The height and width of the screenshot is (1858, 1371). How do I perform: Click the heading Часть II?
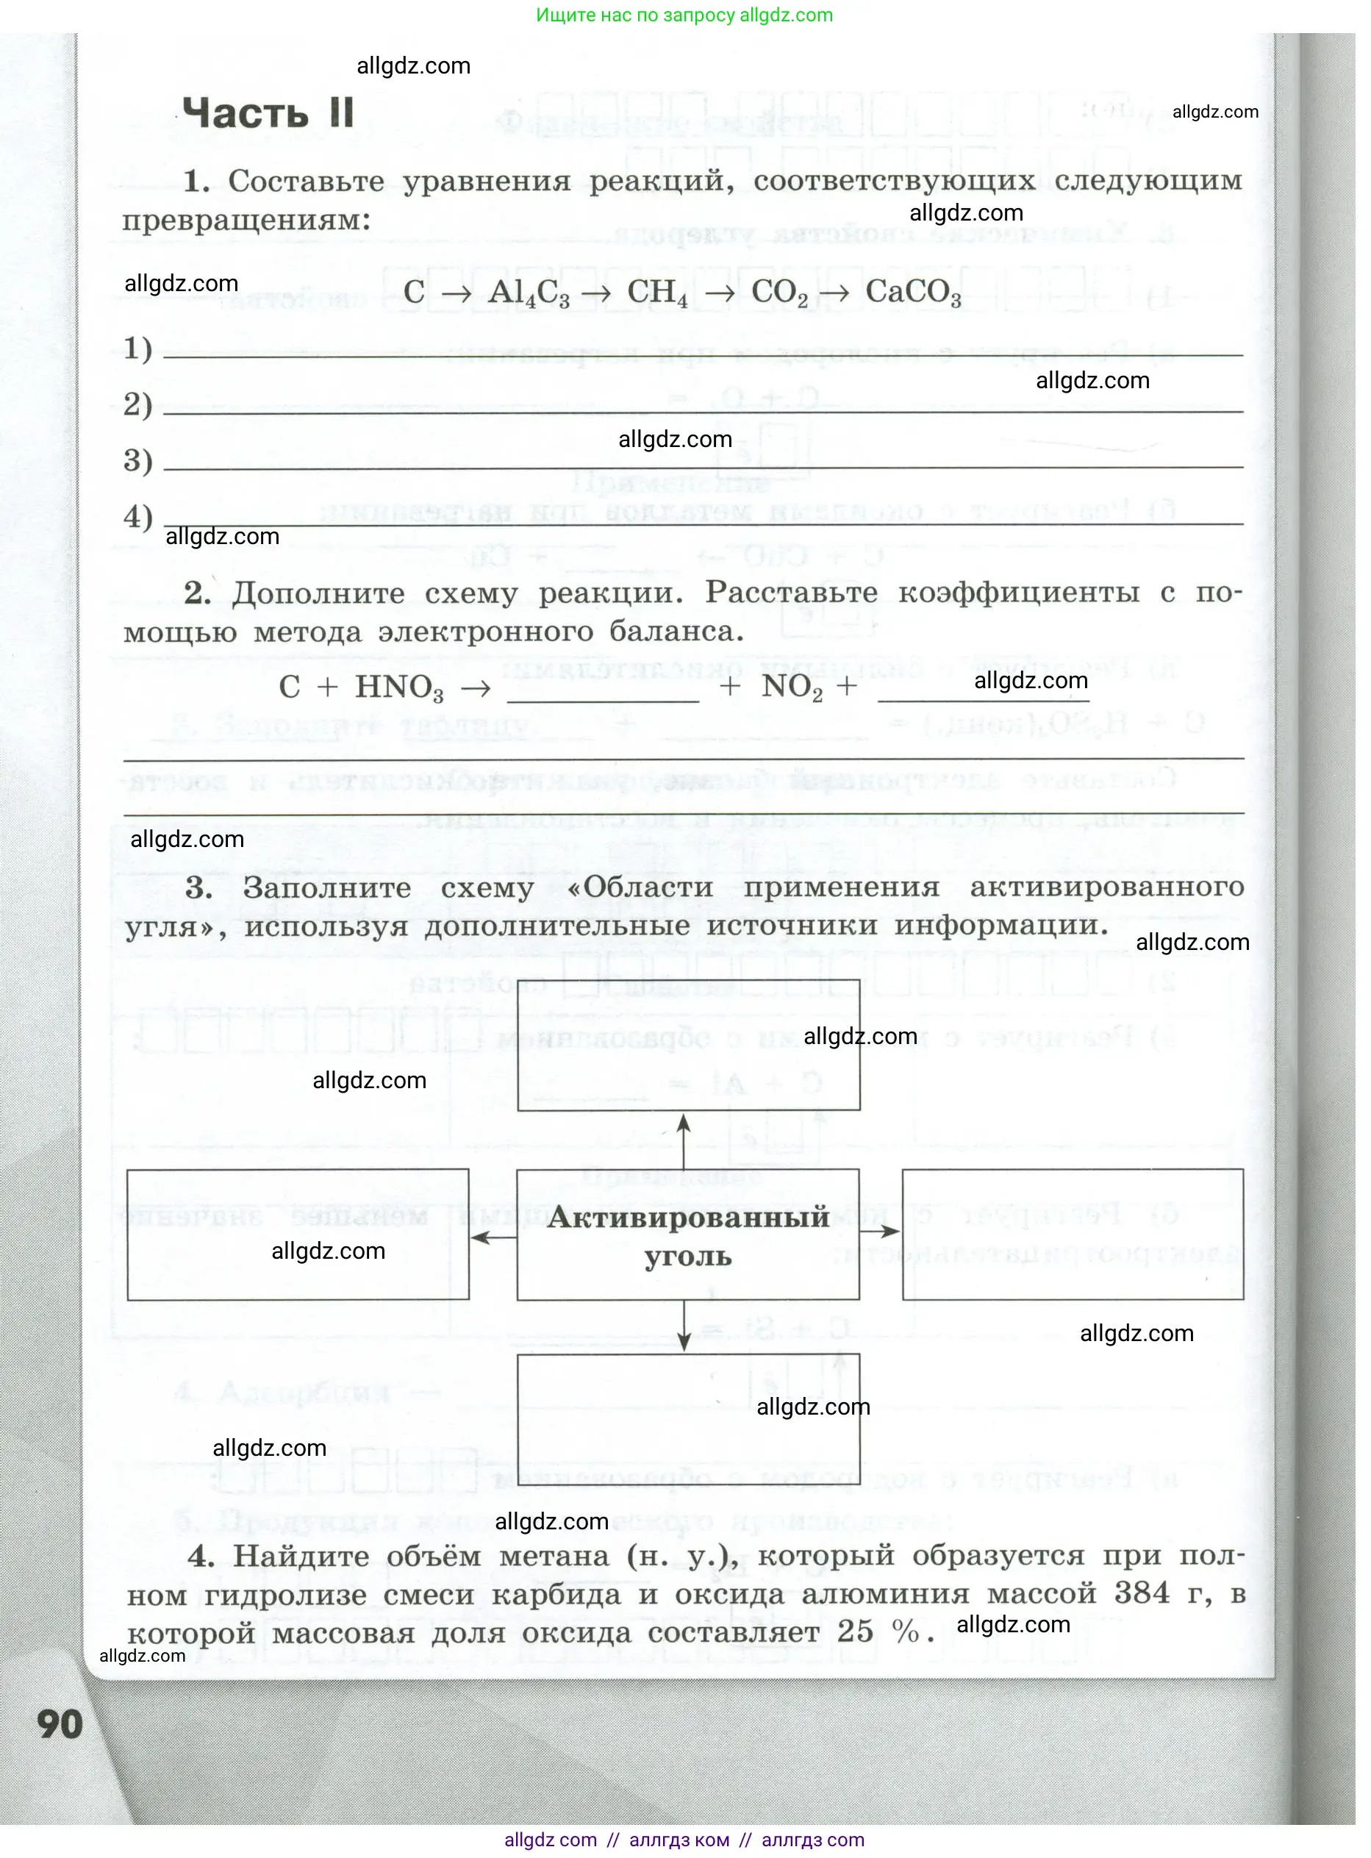click(x=268, y=112)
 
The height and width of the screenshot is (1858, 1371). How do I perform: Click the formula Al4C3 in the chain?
click(x=529, y=293)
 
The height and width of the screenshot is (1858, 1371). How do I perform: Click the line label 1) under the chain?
click(x=137, y=349)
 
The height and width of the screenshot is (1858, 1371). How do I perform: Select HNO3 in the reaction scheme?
click(x=398, y=688)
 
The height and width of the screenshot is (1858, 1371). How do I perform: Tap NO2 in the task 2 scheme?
click(x=791, y=687)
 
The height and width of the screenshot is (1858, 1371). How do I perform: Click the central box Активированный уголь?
click(x=687, y=1236)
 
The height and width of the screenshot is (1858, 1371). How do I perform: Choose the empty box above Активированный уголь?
click(x=688, y=1045)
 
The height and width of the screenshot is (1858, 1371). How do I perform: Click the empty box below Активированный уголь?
click(x=688, y=1419)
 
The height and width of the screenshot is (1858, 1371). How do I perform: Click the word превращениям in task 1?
click(x=246, y=221)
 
